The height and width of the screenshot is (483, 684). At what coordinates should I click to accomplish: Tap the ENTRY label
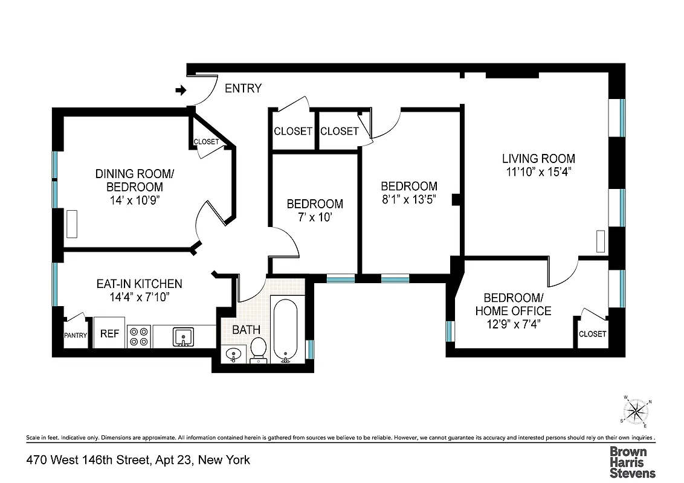(x=243, y=89)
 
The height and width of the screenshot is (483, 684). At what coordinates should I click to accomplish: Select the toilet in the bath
(x=259, y=350)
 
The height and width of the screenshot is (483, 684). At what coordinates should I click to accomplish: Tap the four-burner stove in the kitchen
(x=140, y=336)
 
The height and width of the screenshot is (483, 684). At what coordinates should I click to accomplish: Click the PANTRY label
(x=76, y=336)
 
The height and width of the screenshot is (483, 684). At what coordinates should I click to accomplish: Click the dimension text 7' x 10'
(x=314, y=217)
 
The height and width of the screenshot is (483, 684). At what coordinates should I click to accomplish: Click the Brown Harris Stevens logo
(x=631, y=462)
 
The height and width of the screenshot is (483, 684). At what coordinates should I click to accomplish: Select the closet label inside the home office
(x=592, y=334)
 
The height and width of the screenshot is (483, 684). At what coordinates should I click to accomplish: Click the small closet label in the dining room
(x=206, y=142)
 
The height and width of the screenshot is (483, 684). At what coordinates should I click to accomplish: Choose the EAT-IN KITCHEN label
(x=139, y=284)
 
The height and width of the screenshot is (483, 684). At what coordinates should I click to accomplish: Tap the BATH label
(x=247, y=330)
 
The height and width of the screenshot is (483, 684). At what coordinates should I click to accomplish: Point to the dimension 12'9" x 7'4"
(x=513, y=324)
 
